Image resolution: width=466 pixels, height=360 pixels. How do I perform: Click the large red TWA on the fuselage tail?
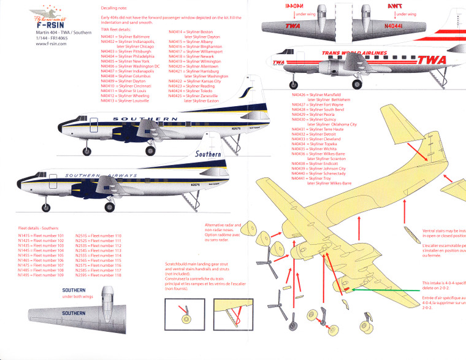(432, 60)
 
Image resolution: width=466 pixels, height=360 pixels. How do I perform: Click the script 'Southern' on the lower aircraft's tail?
(208, 154)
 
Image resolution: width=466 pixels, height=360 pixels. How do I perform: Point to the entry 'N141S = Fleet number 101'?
(40, 236)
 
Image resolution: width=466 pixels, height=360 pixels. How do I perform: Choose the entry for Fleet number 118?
(98, 275)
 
